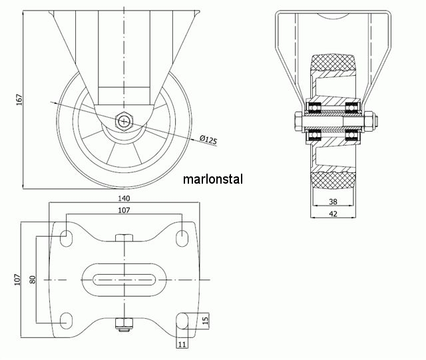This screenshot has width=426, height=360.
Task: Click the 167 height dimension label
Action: [x=19, y=100]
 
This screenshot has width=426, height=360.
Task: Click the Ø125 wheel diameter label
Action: [x=208, y=140]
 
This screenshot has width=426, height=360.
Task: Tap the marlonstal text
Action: [x=213, y=179]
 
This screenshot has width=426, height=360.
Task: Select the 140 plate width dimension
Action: [x=124, y=198]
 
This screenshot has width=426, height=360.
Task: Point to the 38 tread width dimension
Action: [x=333, y=202]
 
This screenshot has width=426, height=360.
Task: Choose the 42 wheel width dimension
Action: [x=333, y=214]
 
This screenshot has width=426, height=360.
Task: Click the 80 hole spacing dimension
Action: [x=33, y=279]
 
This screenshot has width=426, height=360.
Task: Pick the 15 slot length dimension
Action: [x=206, y=319]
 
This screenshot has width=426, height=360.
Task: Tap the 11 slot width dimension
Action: [x=182, y=345]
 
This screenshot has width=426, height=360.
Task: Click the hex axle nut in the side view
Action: [x=124, y=121]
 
